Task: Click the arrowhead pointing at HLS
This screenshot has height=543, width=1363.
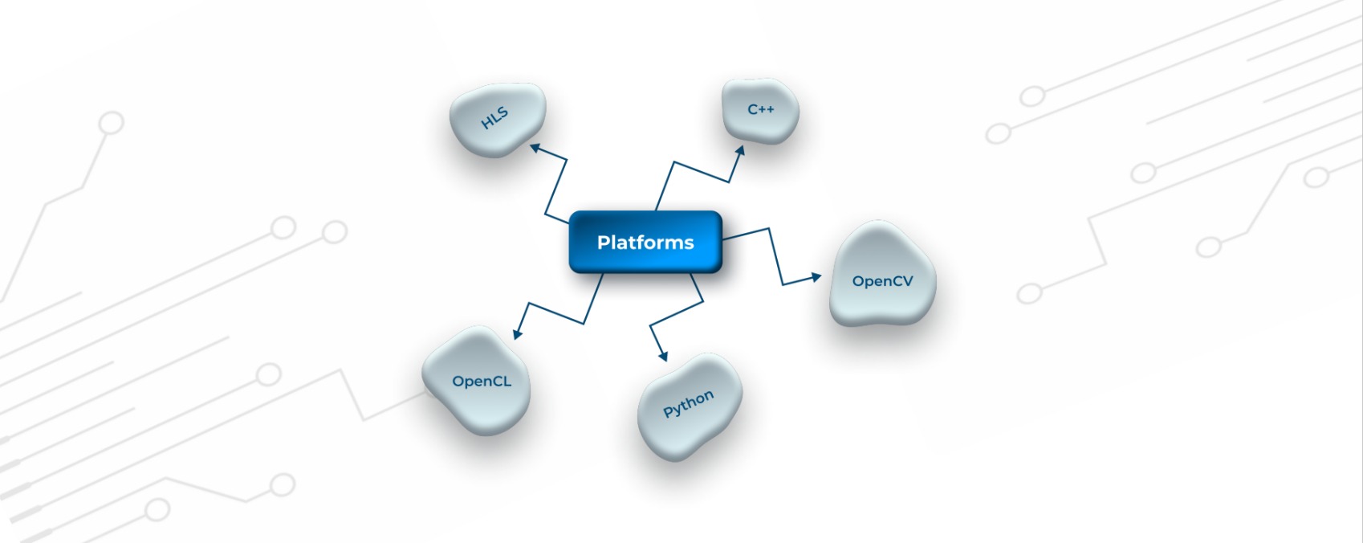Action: [535, 148]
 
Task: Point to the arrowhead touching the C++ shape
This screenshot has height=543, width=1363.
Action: [740, 151]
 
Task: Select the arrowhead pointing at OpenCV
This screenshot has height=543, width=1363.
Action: [816, 277]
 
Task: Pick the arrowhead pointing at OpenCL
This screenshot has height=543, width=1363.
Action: [518, 333]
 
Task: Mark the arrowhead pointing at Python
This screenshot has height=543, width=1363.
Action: [663, 355]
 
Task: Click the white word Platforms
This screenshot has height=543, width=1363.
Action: [645, 243]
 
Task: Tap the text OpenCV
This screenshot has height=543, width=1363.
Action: [882, 281]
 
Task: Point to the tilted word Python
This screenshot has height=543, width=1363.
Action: [688, 404]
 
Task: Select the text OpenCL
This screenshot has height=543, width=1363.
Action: [482, 382]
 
